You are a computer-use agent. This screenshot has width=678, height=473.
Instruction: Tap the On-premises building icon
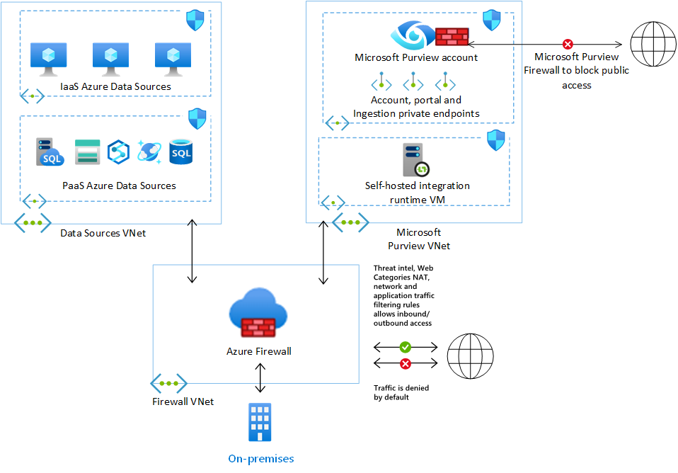260,423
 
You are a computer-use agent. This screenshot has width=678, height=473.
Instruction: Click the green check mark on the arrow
405,348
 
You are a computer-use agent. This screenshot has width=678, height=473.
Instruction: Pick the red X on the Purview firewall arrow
567,44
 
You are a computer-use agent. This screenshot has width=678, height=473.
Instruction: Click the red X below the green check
405,364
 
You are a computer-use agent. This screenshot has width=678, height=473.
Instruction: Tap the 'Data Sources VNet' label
103,232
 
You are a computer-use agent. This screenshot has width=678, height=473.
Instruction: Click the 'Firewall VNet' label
183,401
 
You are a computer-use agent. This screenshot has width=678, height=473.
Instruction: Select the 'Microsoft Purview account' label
416,58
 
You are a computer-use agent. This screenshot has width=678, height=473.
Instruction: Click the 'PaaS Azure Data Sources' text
119,186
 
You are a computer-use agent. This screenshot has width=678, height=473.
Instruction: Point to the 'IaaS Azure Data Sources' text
116,86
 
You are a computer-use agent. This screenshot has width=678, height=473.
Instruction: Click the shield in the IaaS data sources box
195,21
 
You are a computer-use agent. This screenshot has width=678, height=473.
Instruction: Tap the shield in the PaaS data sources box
196,118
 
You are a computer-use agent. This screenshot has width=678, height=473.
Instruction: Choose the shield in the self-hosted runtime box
496,139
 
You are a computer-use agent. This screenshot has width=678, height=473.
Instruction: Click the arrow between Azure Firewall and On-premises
260,377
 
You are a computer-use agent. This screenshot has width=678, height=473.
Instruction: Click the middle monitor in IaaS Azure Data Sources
109,60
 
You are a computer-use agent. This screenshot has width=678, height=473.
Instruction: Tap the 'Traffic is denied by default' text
401,392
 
